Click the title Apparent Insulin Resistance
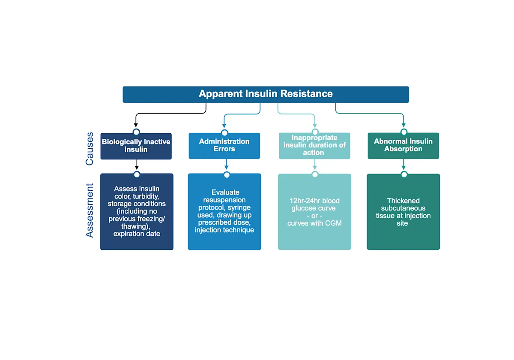(266, 94)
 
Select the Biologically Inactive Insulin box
(136, 146)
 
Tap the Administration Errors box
(224, 146)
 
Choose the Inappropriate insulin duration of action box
(314, 146)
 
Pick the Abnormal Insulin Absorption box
(403, 146)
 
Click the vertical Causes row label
(90, 149)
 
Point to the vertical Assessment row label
(90, 210)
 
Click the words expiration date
(137, 234)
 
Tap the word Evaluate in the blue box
(225, 192)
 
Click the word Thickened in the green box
(403, 201)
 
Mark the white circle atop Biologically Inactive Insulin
(136, 132)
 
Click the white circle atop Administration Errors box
(224, 132)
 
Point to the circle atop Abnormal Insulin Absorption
(403, 132)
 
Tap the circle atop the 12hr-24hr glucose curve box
(315, 174)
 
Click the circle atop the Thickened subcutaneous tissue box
(403, 174)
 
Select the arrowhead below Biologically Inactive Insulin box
(137, 168)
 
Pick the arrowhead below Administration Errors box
(227, 168)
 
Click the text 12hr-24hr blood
(314, 201)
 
